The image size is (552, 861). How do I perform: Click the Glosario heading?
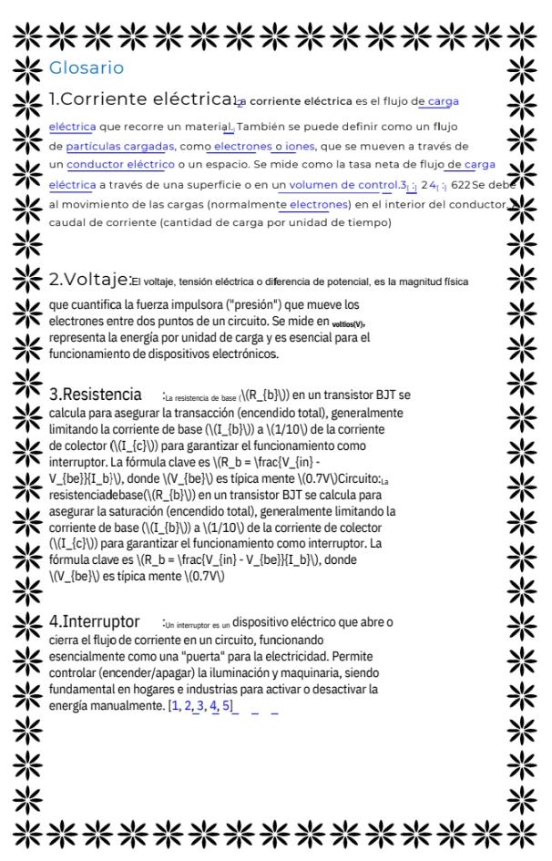[86, 68]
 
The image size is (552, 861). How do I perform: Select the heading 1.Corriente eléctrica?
[140, 101]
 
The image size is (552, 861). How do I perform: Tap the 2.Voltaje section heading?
[89, 280]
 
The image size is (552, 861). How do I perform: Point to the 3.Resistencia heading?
[95, 395]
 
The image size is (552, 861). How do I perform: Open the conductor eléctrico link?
[119, 165]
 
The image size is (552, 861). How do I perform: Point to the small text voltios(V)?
[351, 323]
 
